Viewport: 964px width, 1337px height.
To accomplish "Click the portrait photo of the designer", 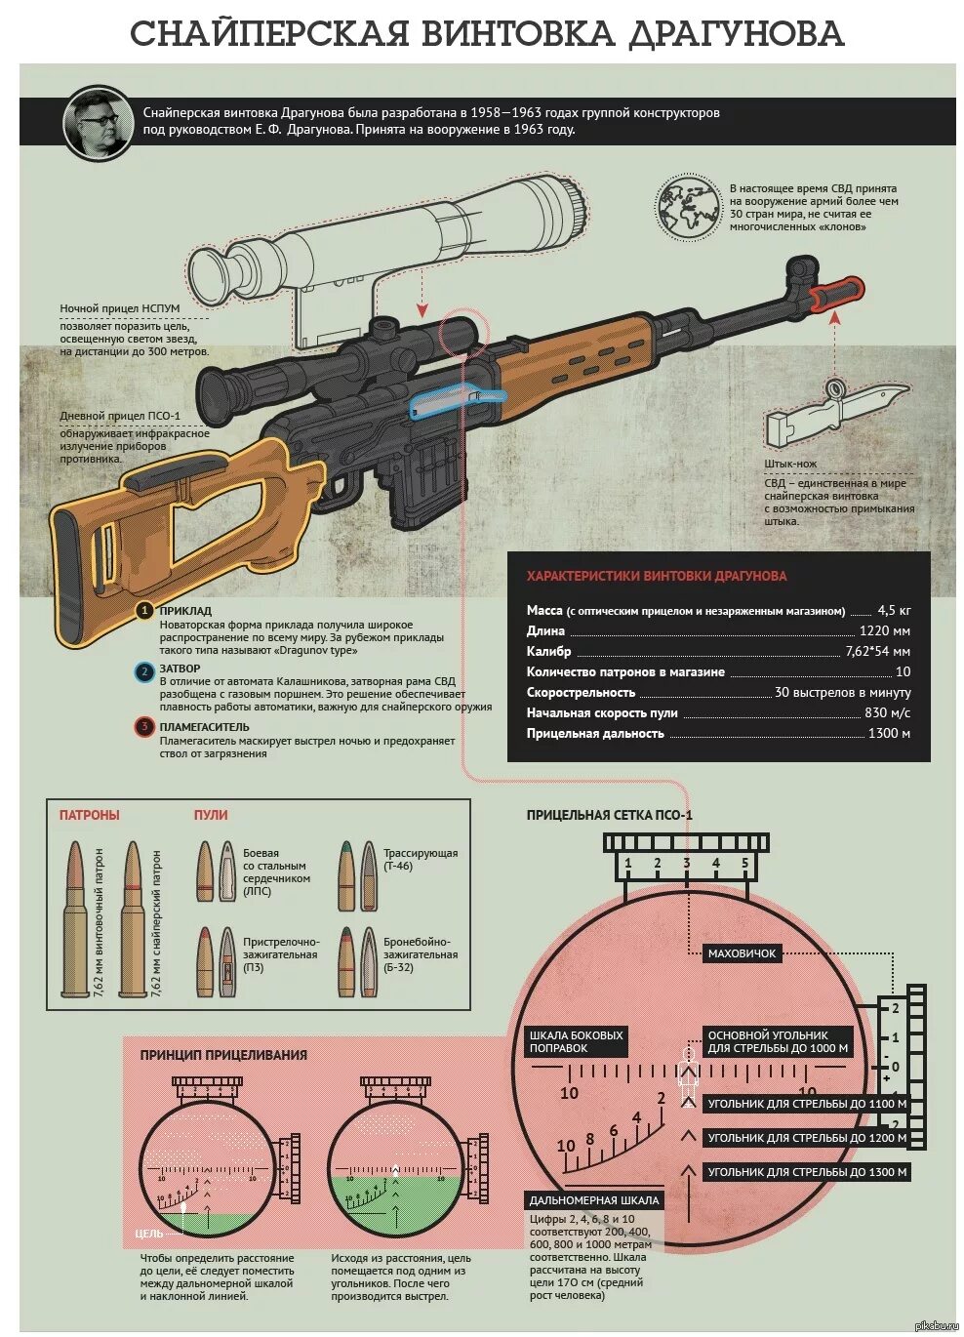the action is tap(98, 122).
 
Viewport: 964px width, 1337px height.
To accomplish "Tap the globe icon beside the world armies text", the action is tap(687, 207).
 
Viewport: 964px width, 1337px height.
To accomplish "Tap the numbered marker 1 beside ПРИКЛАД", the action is tap(143, 611).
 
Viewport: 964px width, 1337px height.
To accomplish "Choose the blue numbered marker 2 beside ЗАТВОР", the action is tap(143, 670).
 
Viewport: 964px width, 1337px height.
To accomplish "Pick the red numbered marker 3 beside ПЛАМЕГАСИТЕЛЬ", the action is tap(143, 726).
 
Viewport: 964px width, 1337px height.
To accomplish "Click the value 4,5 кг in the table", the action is tap(893, 610).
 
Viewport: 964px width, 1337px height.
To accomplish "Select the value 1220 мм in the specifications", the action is tap(884, 630).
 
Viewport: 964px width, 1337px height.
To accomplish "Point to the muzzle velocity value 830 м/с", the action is tap(887, 712).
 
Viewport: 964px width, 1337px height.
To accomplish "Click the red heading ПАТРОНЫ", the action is tap(89, 815).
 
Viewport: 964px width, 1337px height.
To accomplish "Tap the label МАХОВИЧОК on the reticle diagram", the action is tap(743, 953).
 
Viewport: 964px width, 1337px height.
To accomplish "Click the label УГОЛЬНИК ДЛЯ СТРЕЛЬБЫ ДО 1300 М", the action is tap(807, 1172).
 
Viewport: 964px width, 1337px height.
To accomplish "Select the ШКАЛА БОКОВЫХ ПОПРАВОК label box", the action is tap(577, 1041).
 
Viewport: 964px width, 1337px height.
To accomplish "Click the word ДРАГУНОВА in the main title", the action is tap(735, 34).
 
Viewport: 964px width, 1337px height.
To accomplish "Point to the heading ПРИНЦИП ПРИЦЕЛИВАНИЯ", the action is tap(223, 1055).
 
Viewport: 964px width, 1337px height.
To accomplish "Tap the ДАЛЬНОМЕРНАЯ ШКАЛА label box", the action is tap(594, 1200).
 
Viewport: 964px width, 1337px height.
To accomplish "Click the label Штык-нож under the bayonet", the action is tap(790, 464).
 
